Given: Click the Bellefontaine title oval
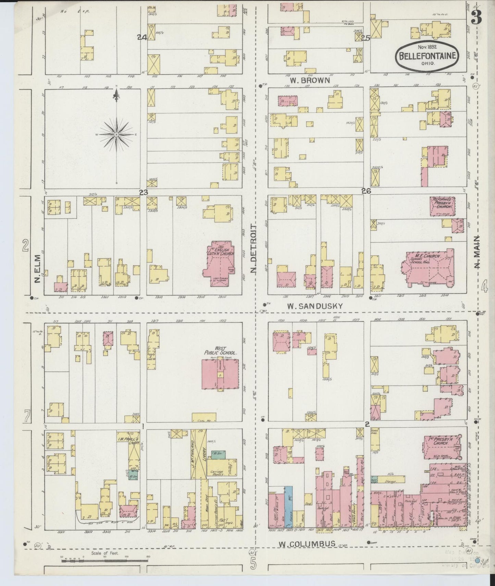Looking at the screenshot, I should tap(427, 56).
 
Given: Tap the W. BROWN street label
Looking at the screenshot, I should tap(310, 81).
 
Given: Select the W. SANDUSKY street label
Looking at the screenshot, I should tap(314, 306).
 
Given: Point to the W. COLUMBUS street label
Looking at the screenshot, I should tap(307, 544).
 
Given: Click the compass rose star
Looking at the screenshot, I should tap(116, 134).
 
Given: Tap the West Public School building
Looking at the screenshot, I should tap(220, 374).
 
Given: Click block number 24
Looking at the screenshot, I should tap(142, 38).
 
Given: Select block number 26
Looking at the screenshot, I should tap(366, 191).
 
